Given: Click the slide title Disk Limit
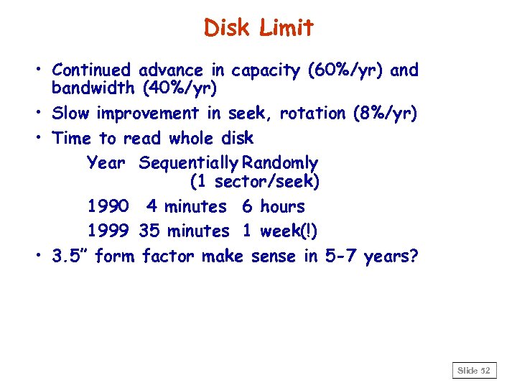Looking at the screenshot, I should tap(258, 28).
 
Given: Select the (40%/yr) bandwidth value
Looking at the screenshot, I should tap(180, 89).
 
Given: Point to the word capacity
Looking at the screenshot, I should tap(266, 71).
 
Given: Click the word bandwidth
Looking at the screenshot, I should tap(93, 89).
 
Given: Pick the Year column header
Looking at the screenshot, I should tap(106, 163).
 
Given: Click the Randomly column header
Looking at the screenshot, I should tap(280, 163).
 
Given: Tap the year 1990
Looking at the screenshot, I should tap(108, 207).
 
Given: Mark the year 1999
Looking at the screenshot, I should tap(108, 231).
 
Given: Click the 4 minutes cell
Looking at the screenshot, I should tap(186, 207).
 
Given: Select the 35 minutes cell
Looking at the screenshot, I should tap(185, 231).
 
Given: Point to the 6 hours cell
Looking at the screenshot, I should tap(274, 207).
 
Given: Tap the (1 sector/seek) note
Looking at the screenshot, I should tap(255, 183).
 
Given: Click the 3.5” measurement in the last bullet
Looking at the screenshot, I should tap(71, 257).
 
